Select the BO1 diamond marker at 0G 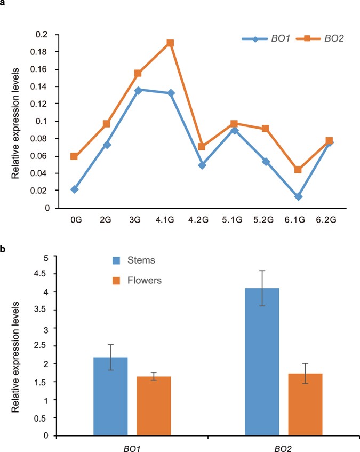(75, 189)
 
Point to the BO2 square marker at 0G (75, 156)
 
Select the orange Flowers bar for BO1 (154, 406)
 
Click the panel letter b (3, 248)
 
